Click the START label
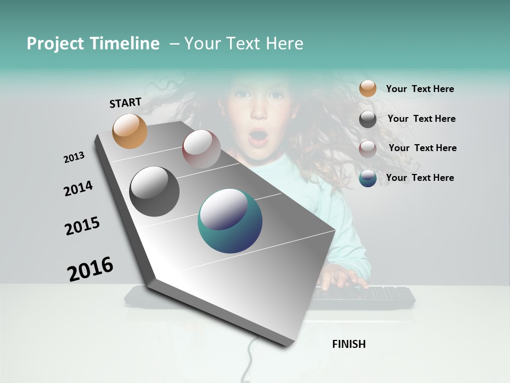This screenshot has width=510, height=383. click(125, 103)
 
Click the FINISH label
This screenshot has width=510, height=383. click(348, 344)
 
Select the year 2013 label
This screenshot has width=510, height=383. click(74, 157)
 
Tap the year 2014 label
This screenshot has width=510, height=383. click(78, 188)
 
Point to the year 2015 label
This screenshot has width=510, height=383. click(82, 226)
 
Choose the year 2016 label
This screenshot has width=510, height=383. click(90, 269)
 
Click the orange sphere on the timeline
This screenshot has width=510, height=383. click(130, 131)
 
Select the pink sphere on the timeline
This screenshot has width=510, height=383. click(201, 149)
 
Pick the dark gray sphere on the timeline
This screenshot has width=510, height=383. click(154, 191)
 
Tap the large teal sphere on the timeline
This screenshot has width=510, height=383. click(229, 221)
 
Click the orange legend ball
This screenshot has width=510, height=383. click(368, 88)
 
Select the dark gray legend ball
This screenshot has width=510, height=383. click(368, 119)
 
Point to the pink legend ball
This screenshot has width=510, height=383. click(368, 149)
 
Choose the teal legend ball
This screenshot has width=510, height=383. click(368, 178)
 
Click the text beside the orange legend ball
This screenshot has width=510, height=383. click(420, 89)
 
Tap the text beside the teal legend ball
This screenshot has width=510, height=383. click(420, 178)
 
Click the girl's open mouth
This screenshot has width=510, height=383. click(258, 137)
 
